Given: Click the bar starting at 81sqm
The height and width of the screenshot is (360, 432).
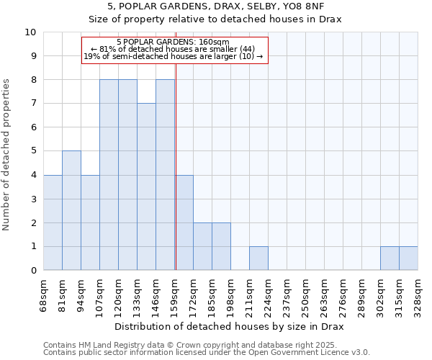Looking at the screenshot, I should (x=71, y=210).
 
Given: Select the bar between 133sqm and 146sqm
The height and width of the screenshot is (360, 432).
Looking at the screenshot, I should (x=146, y=186).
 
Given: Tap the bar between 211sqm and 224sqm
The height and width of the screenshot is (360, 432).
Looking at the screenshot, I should (x=258, y=258).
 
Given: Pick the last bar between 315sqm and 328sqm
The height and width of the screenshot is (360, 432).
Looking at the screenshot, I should (x=408, y=258).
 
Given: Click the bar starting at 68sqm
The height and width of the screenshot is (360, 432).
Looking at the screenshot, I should (x=53, y=222).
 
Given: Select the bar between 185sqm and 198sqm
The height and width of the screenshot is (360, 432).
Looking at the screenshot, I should (x=221, y=246).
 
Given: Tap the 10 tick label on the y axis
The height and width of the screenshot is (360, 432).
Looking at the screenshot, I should (x=30, y=32).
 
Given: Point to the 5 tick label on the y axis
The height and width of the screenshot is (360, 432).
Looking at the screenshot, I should (x=33, y=151).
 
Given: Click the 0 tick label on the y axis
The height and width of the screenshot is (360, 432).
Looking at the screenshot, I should (x=33, y=270).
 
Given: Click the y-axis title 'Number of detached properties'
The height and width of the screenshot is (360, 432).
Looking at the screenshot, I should (x=7, y=155).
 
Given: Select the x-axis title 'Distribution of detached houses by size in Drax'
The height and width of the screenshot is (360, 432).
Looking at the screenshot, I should (x=230, y=326).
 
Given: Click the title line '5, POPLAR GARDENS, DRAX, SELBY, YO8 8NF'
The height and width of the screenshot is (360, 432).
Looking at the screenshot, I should (x=215, y=6).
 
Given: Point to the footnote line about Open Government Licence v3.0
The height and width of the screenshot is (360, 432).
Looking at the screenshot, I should (x=206, y=353).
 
